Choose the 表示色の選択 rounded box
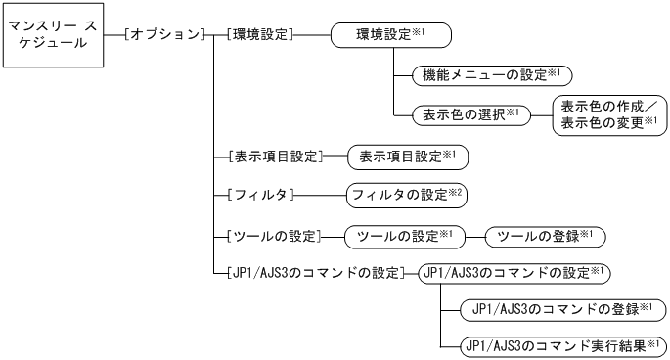[466, 114]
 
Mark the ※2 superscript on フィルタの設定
[456, 191]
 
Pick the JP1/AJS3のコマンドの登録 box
[561, 309]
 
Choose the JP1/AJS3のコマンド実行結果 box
[561, 345]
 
